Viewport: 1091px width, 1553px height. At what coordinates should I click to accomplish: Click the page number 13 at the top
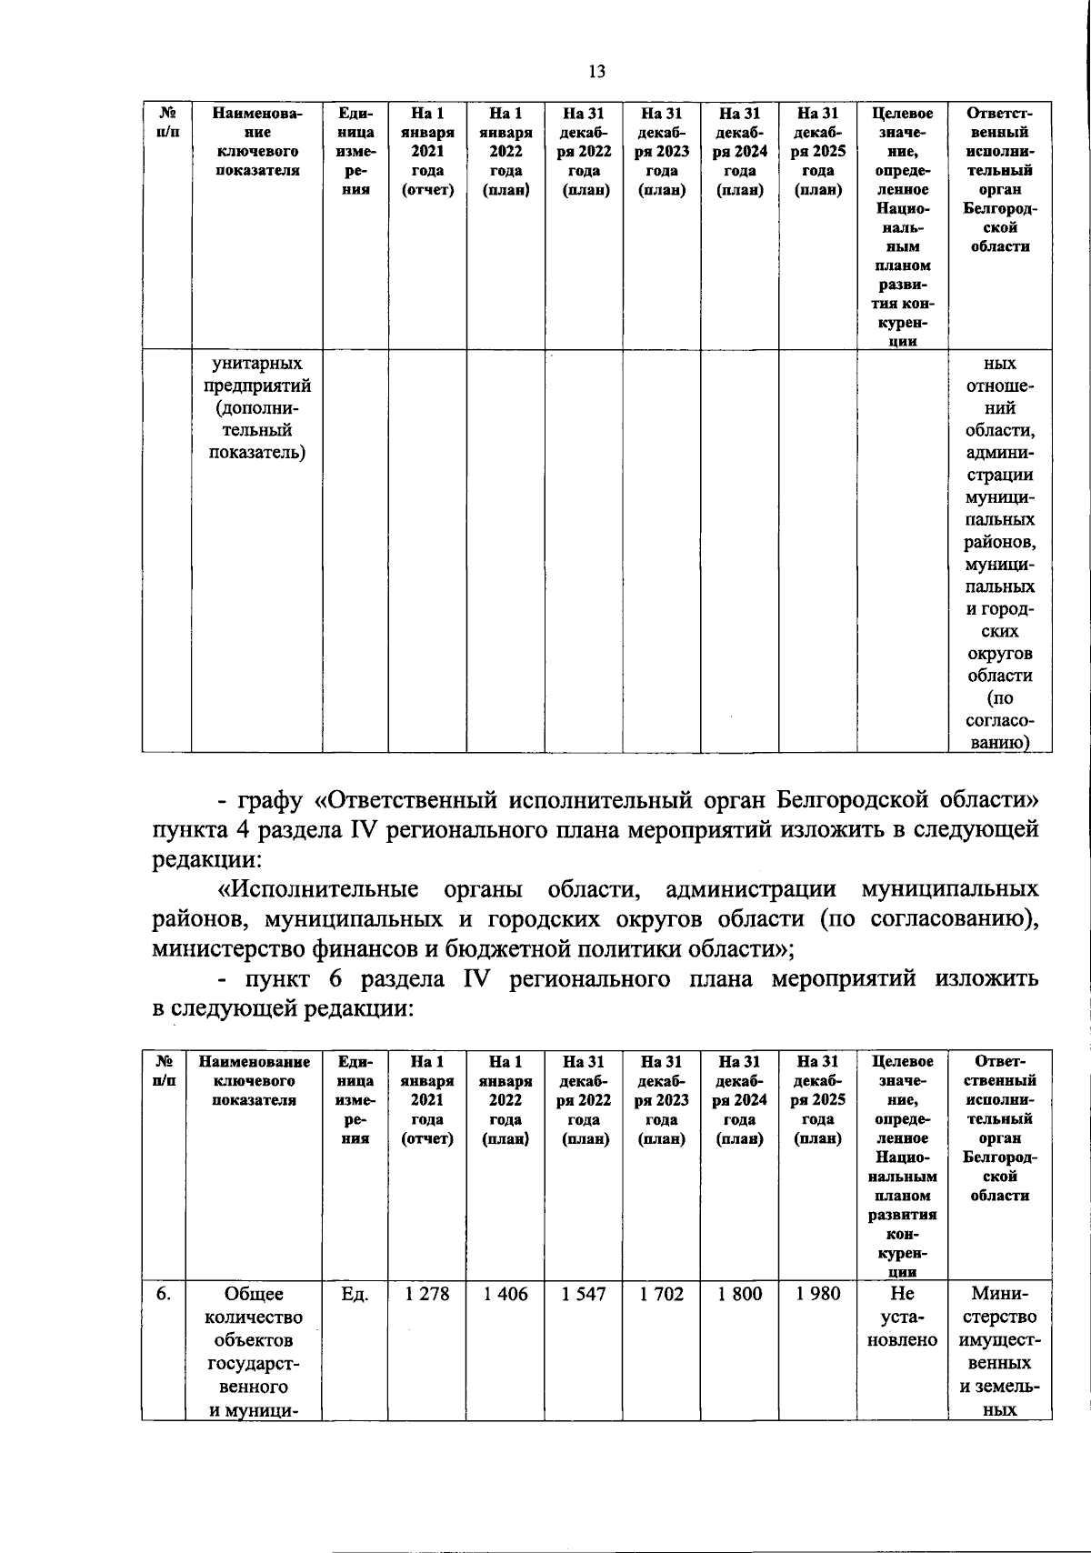pos(596,72)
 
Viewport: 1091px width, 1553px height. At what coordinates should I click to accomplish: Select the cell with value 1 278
pos(427,1294)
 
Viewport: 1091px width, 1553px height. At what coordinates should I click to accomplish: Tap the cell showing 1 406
pos(505,1294)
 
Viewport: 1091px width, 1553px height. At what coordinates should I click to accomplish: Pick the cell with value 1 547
pos(584,1294)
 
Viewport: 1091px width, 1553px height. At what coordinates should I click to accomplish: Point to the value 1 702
pos(661,1294)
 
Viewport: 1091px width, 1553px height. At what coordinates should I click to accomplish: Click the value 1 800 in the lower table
pos(740,1294)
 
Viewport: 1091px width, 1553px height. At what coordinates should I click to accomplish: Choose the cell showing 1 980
pos(818,1294)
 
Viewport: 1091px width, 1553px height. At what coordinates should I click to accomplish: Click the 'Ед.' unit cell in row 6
pos(355,1294)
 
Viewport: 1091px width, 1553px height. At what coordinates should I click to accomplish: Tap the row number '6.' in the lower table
pos(163,1294)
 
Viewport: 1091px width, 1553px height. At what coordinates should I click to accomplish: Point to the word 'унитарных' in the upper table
pos(256,364)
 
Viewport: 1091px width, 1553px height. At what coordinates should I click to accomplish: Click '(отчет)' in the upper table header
pos(427,190)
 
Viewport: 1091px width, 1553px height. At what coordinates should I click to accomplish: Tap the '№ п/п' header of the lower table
pos(165,1070)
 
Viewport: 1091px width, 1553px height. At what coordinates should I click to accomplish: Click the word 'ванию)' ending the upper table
pos(999,743)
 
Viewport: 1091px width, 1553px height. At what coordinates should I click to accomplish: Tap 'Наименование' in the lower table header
pos(255,1061)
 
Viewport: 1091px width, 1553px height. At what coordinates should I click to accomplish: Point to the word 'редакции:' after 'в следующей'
pos(359,1008)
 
